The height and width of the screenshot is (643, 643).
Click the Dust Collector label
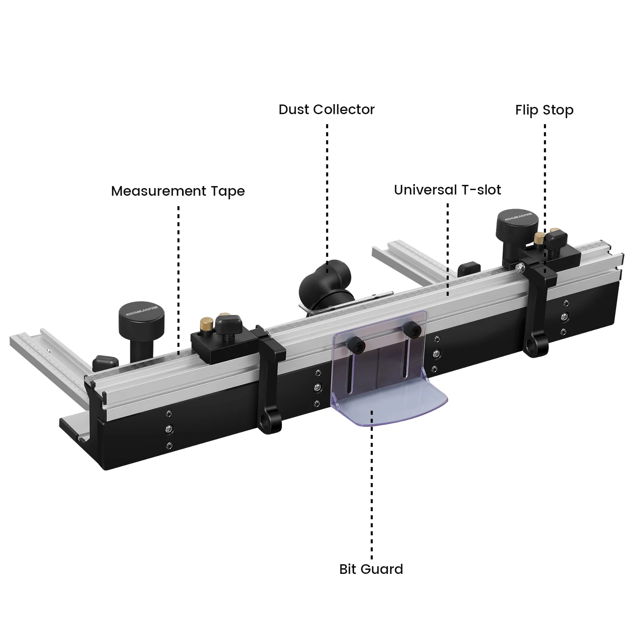coord(326,110)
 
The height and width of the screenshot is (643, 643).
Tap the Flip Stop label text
coord(544,111)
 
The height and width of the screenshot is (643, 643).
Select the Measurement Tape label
coord(178,191)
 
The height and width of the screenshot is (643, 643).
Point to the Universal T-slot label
coord(447,190)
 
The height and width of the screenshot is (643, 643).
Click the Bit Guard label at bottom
coord(371,569)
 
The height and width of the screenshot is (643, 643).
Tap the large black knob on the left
coord(141,316)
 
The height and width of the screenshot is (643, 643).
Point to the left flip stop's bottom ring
coord(266,423)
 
